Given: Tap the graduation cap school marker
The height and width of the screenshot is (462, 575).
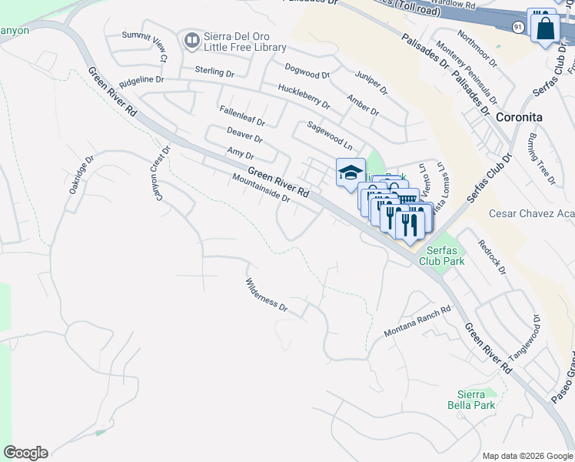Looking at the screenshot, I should (351, 172).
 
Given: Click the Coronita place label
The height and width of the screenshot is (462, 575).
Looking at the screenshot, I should (519, 117).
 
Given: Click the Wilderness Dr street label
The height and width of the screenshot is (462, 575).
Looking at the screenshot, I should (266, 295).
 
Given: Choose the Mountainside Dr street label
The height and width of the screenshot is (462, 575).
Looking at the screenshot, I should (260, 187).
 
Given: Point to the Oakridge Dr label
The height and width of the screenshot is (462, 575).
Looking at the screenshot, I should (81, 175).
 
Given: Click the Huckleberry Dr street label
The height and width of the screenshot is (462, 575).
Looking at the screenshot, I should (304, 97).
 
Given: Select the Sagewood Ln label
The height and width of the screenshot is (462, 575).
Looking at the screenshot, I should (330, 136).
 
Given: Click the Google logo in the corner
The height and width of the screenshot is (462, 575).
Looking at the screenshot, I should (25, 453).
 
